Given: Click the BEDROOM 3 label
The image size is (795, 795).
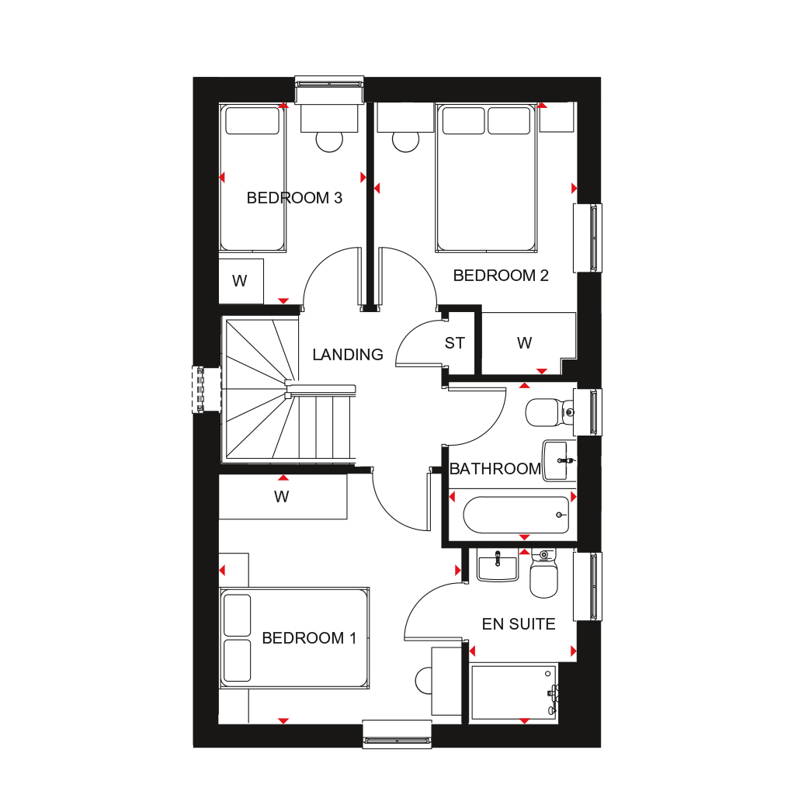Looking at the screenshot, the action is click(x=294, y=198).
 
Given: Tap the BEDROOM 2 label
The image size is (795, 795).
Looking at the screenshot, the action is click(x=501, y=276).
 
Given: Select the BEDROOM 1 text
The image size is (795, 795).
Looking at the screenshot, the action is click(x=309, y=638).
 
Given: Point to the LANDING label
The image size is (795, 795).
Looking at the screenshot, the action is click(x=347, y=354).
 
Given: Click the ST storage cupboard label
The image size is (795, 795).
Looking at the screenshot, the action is click(x=454, y=343).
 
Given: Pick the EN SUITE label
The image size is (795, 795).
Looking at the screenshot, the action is click(x=518, y=624).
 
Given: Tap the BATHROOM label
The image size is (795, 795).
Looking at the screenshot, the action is click(x=495, y=469).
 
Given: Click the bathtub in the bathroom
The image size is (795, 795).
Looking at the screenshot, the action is click(x=516, y=516).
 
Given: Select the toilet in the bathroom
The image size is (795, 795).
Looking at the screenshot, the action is click(x=550, y=412).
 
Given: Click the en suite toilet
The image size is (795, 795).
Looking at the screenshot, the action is click(x=543, y=574).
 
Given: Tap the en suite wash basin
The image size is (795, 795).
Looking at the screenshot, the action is click(x=498, y=565).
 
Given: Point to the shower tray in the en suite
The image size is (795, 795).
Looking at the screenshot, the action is click(x=514, y=693).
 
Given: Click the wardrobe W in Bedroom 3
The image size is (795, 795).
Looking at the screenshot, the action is click(x=241, y=281).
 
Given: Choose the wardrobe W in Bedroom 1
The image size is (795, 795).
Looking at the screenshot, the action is click(x=283, y=497).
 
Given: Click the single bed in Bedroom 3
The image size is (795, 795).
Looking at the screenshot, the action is click(x=252, y=178).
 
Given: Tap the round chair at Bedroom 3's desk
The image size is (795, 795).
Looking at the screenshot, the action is click(x=329, y=141).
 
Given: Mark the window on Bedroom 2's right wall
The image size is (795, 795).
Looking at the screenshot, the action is click(x=588, y=238).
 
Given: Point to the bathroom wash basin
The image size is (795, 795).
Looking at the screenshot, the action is click(x=559, y=460).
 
